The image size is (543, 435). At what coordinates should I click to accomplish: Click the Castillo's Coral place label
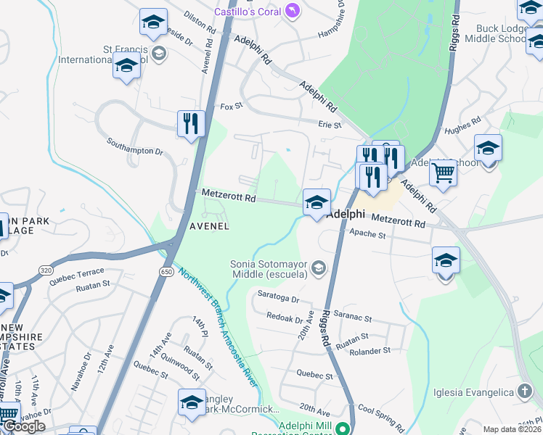[247, 12]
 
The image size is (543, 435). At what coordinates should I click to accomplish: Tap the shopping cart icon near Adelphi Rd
[443, 173]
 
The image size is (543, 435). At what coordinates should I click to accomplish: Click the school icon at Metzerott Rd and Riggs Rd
[317, 203]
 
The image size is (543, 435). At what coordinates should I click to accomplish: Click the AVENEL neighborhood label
[209, 226]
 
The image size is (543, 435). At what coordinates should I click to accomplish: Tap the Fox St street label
[230, 107]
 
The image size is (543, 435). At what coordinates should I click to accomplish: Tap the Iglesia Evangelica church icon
[524, 391]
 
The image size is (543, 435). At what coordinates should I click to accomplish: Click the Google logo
[23, 426]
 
